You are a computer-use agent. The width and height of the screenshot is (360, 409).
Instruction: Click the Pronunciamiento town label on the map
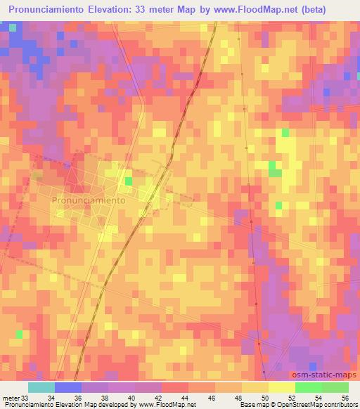pyautogui.click(x=89, y=200)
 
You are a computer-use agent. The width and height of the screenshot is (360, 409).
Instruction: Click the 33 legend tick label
pyautogui.click(x=25, y=398)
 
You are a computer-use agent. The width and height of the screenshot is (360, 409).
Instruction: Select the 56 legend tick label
pyautogui.click(x=345, y=398)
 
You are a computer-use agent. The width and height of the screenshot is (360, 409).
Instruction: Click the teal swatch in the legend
pyautogui.click(x=41, y=387)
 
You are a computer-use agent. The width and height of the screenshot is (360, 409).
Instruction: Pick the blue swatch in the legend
pyautogui.click(x=68, y=387)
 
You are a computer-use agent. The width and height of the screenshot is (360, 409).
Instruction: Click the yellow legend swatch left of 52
pyautogui.click(x=281, y=387)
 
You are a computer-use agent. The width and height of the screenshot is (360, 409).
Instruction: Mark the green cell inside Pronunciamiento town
pyautogui.click(x=129, y=181)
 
